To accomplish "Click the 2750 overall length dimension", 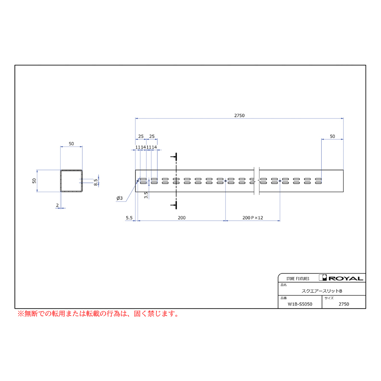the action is (239, 116).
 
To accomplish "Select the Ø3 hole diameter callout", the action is (119, 198).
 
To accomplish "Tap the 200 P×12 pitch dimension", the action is (253, 218).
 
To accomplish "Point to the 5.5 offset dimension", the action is (129, 218).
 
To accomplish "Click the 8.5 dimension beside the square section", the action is (96, 182).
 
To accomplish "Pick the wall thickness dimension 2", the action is (57, 205).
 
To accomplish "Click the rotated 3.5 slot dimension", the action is (146, 195).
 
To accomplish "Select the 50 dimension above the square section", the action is (71, 144).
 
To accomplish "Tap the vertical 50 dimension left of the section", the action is (34, 181).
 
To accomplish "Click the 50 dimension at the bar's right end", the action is (332, 137).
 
